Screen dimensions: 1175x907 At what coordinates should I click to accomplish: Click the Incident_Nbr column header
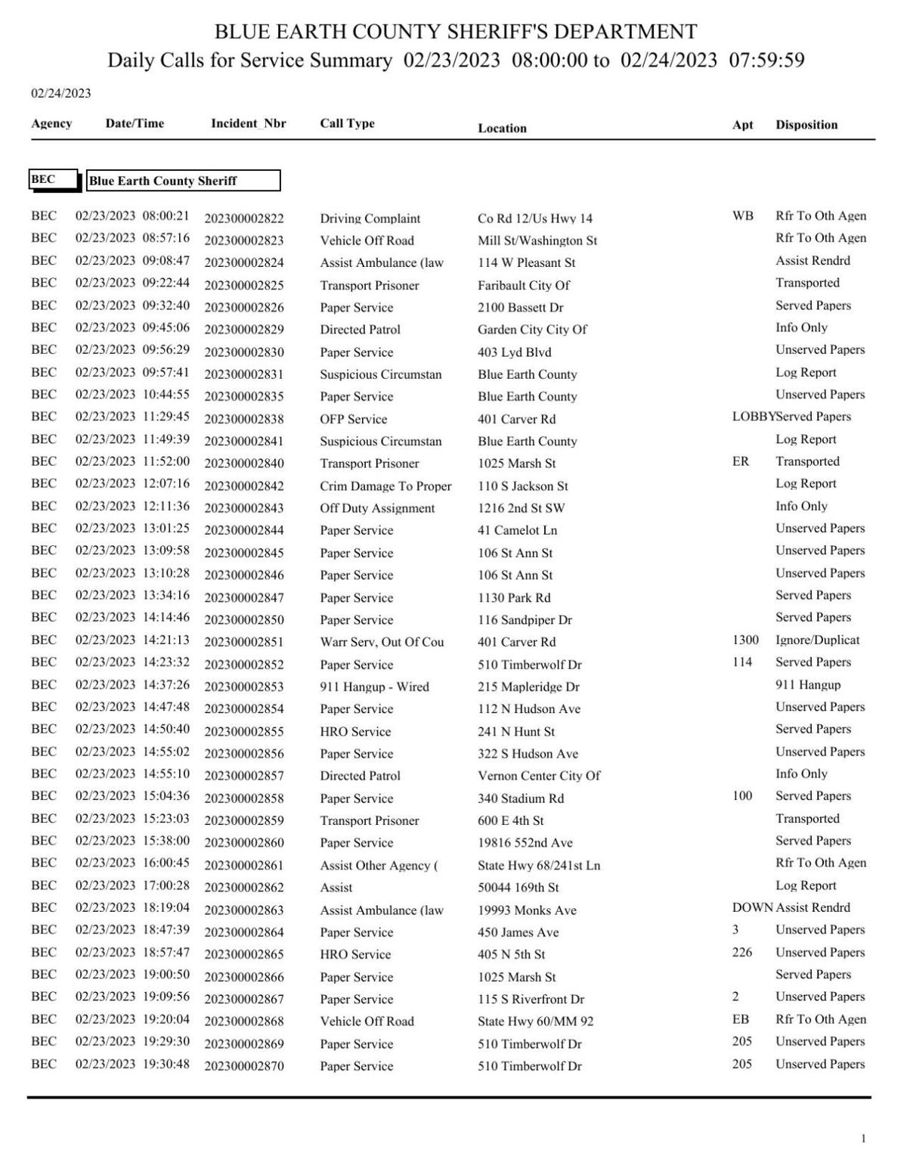(248, 124)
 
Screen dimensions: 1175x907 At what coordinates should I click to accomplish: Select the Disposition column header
(806, 126)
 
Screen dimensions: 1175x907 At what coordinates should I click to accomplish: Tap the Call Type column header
(347, 124)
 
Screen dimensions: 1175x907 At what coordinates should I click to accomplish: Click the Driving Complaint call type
(370, 219)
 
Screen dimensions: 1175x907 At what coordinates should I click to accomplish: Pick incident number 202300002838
(243, 419)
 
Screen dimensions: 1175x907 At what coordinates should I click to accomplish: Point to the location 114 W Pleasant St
(526, 263)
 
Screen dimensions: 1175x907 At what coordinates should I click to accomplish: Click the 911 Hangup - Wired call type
(374, 687)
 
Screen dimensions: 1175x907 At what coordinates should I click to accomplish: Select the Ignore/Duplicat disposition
(817, 640)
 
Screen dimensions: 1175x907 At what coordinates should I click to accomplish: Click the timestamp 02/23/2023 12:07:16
(132, 483)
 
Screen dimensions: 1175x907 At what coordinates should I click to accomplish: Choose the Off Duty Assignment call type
(377, 508)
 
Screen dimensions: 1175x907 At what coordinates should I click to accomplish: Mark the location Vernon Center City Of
(539, 776)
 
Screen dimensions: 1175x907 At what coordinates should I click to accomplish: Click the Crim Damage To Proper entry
(385, 486)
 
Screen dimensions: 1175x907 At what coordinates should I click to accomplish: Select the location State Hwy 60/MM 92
(535, 1022)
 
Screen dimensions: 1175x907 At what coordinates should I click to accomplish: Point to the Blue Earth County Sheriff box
(183, 181)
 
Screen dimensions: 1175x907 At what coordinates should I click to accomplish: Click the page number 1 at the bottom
(863, 1139)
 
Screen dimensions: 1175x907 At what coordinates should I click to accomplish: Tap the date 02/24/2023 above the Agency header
(60, 94)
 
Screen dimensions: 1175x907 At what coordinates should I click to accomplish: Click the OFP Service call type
(353, 419)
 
